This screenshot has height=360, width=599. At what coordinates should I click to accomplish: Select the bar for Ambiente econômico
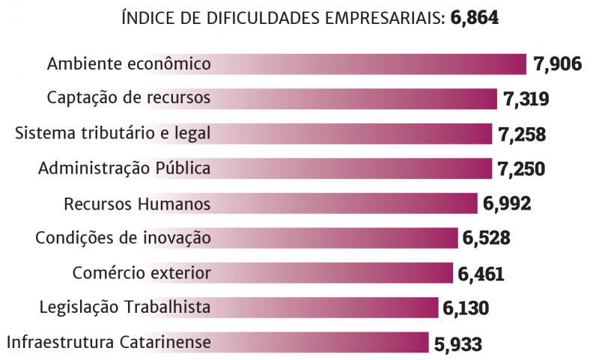point(367,64)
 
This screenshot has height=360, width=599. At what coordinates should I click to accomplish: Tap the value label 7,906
point(558,64)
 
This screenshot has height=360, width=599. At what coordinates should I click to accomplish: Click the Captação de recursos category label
point(129,98)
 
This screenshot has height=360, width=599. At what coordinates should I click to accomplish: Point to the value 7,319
point(526,100)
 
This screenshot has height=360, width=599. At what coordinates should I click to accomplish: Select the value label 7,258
point(522,135)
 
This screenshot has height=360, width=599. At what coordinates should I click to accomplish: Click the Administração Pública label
point(124,168)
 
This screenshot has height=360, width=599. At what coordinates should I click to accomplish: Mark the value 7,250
point(521,169)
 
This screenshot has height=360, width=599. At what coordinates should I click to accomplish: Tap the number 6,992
point(507,204)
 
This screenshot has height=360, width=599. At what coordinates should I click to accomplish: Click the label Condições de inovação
point(123,238)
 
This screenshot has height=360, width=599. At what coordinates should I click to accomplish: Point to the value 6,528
point(487,239)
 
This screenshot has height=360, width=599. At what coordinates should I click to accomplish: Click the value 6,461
point(481,274)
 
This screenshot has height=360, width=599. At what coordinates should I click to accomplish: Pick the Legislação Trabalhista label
point(124,307)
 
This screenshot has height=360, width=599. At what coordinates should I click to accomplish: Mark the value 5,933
point(457,344)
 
